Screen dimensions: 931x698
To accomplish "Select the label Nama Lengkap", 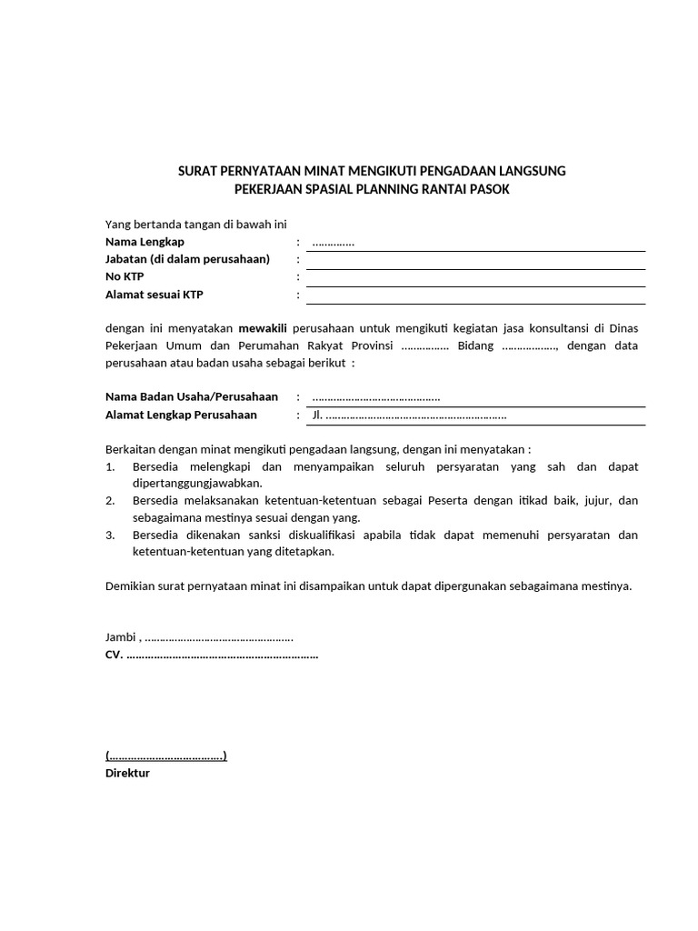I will coord(145,241).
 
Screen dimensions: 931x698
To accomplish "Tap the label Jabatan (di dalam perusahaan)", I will coord(188,259).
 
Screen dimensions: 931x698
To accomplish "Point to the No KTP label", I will coord(125,276).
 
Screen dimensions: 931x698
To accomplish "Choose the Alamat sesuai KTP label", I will coord(155,295).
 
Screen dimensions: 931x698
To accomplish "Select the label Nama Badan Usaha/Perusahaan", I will coord(192,397).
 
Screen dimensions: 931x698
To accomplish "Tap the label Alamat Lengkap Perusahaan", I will coord(182,415).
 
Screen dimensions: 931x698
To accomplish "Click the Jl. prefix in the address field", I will coord(317,415).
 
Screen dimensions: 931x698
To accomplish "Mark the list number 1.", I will coord(110,466).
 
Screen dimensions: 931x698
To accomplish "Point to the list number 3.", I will coord(110,535).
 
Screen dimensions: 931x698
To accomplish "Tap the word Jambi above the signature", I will coord(121,637).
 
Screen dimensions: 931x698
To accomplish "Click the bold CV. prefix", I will coord(115,655).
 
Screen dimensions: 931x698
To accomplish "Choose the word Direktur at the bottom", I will coord(128,773).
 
